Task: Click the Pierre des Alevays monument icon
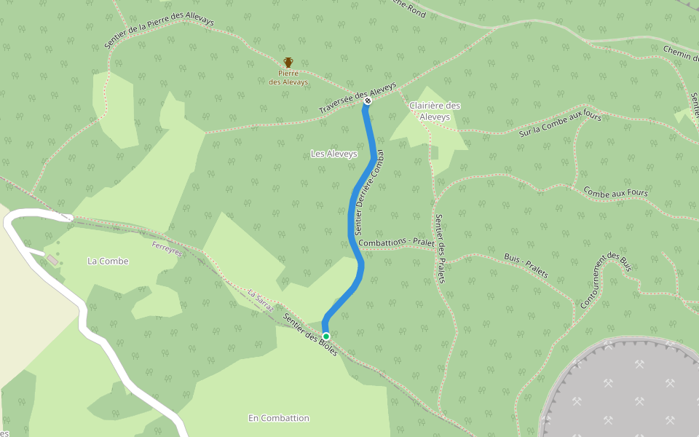click(288, 63)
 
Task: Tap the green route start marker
click(326, 336)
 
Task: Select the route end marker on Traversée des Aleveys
click(367, 101)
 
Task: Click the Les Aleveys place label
click(334, 154)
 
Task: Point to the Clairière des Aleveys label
click(435, 111)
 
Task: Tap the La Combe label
click(108, 261)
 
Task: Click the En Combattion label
click(279, 418)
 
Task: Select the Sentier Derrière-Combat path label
click(369, 192)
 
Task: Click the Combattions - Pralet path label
click(396, 242)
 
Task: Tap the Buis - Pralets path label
click(526, 267)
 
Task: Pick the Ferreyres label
click(167, 249)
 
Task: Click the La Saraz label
click(260, 299)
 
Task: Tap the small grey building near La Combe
click(52, 260)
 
